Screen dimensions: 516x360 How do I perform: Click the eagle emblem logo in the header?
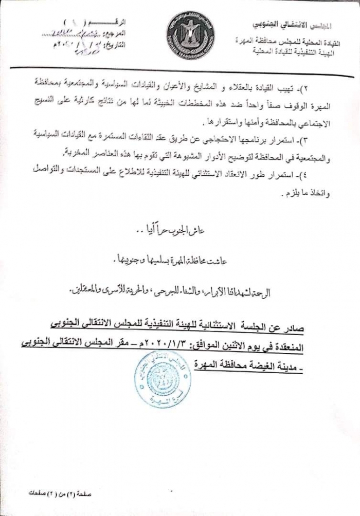[x=190, y=35]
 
